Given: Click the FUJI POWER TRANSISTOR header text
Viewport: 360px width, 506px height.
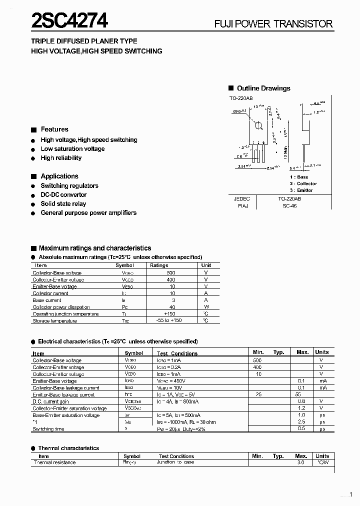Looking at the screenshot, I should coord(273,24).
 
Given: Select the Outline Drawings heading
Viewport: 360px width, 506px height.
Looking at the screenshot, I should coord(263,88).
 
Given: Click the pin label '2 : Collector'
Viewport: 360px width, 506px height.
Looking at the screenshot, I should coord(303,183).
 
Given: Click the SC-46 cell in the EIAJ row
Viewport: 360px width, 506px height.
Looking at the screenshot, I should coord(289,205).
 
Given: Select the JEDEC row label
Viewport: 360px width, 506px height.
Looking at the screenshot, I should coord(241,198).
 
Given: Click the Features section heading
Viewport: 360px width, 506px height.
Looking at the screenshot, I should coord(54,129).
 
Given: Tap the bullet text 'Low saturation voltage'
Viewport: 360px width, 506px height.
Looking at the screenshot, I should coord(72,148).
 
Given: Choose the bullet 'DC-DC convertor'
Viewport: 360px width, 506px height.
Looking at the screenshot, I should coord(63,194).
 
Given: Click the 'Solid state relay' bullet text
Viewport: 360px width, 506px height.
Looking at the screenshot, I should coord(63,203).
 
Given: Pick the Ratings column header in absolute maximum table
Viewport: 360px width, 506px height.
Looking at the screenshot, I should coord(159,265).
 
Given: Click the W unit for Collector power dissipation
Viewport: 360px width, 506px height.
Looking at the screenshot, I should coord(206,307).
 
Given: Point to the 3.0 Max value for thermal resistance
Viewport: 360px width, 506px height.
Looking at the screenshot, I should coord(301,462).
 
